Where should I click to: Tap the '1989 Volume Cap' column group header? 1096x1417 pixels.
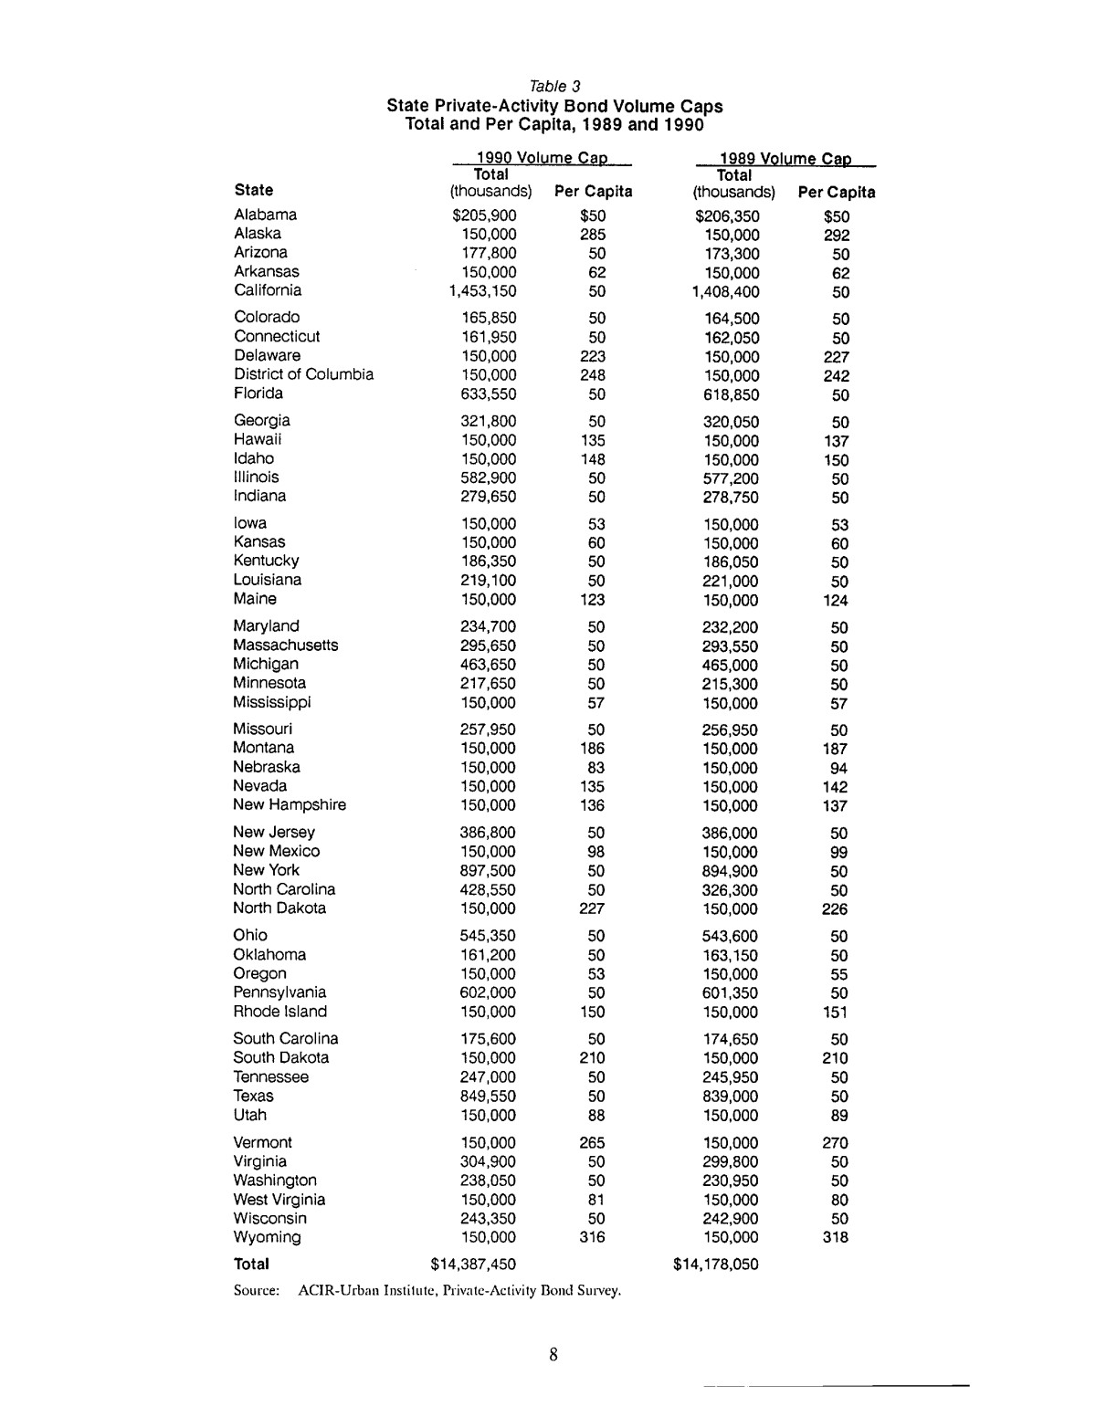(x=786, y=159)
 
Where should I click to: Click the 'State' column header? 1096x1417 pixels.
(x=253, y=190)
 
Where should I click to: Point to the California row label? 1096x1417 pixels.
(x=268, y=290)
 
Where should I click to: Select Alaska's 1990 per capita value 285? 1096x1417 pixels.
(x=593, y=235)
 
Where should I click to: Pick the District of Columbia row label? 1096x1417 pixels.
(x=303, y=374)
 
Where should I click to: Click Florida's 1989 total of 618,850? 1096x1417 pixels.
(x=731, y=395)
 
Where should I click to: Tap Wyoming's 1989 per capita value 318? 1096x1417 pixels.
(x=834, y=1238)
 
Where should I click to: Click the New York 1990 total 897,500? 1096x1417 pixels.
(x=487, y=871)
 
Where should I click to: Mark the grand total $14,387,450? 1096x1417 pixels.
(x=473, y=1265)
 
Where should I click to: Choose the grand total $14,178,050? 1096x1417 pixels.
(x=715, y=1265)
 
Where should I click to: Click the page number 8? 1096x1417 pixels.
(x=553, y=1354)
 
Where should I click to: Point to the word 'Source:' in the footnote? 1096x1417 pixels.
(x=256, y=1291)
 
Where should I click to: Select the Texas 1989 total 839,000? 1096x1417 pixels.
(x=731, y=1097)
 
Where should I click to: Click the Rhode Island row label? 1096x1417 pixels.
(x=279, y=1012)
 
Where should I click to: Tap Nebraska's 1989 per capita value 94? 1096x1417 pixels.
(x=838, y=768)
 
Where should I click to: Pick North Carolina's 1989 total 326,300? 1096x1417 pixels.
(x=731, y=890)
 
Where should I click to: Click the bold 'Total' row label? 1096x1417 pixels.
(x=251, y=1265)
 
